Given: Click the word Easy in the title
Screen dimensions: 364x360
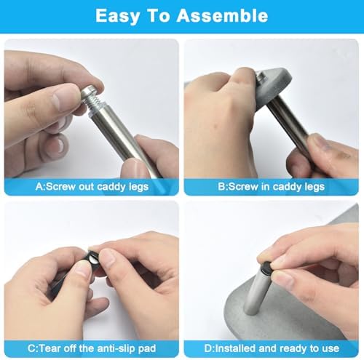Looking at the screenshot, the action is [x=117, y=16].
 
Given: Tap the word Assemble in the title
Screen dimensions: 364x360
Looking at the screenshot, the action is [x=222, y=15].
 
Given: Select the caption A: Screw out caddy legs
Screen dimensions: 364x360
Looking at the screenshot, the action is [x=92, y=187].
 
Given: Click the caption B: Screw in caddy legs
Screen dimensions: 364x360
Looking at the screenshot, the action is [x=271, y=187].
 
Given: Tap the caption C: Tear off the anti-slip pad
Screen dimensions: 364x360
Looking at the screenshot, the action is [x=92, y=348].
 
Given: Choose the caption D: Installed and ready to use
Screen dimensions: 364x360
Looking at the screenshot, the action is [x=272, y=348].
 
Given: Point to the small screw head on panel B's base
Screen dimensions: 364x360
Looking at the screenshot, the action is [x=260, y=77].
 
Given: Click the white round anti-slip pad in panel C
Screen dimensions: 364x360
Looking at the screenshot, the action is [x=92, y=260].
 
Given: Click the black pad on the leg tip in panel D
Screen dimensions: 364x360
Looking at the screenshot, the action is [x=266, y=267].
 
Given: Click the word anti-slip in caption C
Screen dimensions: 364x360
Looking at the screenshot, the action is [x=116, y=348].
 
